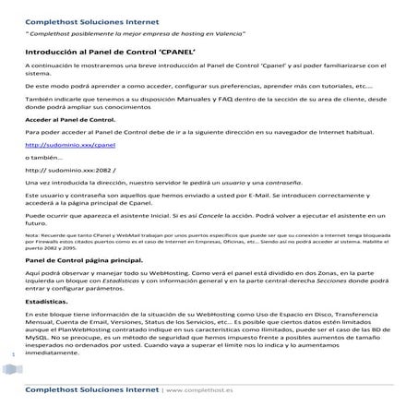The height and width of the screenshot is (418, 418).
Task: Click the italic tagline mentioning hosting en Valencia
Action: tap(135, 33)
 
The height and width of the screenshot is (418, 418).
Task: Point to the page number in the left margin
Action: tap(11, 352)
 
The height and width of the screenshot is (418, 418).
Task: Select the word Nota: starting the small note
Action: tap(32, 235)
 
